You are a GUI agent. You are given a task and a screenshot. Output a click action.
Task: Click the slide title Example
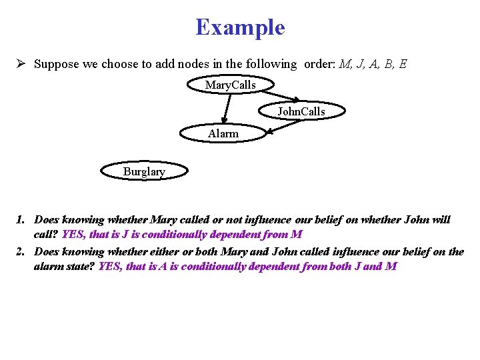pos(240,27)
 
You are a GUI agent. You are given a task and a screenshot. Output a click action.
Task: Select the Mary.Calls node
pos(230,85)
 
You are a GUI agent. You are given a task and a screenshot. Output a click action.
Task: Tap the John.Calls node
pos(301,111)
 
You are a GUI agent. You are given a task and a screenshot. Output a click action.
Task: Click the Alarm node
pos(223,133)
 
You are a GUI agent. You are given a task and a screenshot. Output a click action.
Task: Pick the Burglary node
pos(143,171)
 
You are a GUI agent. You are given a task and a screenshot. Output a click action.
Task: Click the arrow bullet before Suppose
pos(21,64)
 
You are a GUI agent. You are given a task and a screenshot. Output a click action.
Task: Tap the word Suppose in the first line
pos(55,65)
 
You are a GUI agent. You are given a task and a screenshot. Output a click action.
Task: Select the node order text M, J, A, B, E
pos(373,64)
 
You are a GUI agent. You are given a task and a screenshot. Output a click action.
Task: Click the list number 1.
pos(21,219)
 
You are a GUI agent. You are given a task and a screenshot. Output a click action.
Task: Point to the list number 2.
pos(21,252)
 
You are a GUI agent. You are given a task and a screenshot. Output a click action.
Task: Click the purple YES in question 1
pos(73,234)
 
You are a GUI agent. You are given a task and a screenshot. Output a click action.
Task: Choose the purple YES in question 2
pos(109,267)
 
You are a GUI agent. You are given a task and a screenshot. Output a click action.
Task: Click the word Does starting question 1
pos(47,219)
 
